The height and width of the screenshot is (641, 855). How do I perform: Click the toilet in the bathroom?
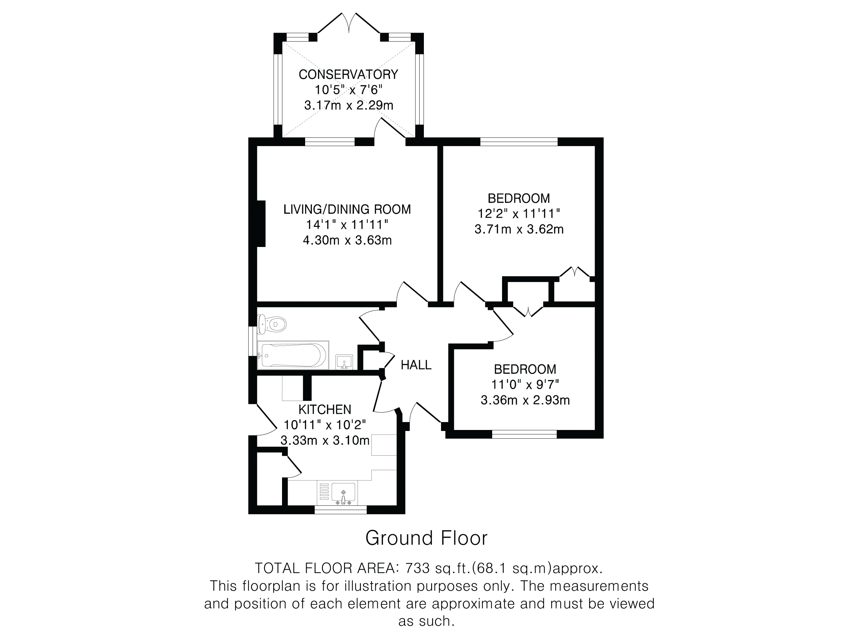point(272,324)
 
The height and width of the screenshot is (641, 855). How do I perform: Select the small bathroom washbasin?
point(344,362)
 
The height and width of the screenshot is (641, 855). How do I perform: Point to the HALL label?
point(416,365)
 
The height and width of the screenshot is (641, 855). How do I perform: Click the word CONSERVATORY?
point(348,74)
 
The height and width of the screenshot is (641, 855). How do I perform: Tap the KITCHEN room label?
point(325,409)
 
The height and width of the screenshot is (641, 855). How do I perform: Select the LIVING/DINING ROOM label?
point(347,209)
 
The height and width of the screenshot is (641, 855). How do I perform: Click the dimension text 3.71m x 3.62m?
point(519,229)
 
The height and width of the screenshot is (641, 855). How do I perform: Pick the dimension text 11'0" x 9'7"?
point(525,384)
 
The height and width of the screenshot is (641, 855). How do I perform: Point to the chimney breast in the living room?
point(261,223)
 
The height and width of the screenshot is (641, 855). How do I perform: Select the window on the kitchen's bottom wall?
point(340,510)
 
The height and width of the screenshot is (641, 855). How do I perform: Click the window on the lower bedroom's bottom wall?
point(524,434)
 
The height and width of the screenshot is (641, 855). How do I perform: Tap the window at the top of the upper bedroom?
point(519,141)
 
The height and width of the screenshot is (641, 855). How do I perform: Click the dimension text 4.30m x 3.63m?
point(347,240)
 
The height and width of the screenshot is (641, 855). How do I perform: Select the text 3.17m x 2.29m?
point(349,105)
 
